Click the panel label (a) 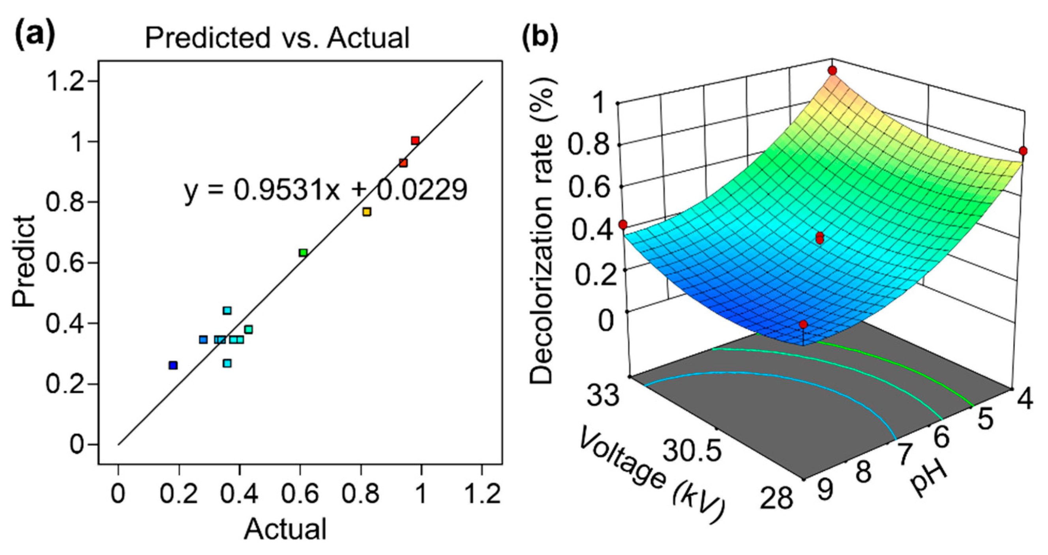click(35, 36)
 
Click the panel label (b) click(540, 36)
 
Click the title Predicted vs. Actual click(277, 38)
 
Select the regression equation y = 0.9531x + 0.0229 click(326, 190)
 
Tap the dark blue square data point click(173, 366)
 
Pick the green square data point click(303, 253)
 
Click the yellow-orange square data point click(367, 212)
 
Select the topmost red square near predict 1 click(415, 141)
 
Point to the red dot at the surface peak click(832, 71)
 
